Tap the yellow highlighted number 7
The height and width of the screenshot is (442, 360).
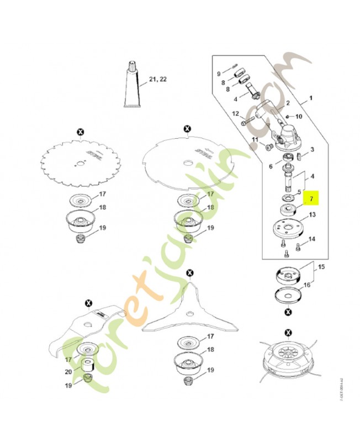pyautogui.click(x=312, y=198)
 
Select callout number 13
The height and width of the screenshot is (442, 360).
pyautogui.click(x=312, y=215)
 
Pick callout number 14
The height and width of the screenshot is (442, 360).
pyautogui.click(x=312, y=239)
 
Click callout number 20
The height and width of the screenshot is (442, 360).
pyautogui.click(x=68, y=372)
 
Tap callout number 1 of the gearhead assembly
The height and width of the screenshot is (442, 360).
pyautogui.click(x=310, y=98)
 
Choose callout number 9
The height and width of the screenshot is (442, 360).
pyautogui.click(x=219, y=73)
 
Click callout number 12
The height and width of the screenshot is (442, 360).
pyautogui.click(x=235, y=114)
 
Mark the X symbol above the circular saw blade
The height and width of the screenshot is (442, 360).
pyautogui.click(x=81, y=131)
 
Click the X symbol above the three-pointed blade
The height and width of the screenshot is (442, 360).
pyautogui.click(x=190, y=273)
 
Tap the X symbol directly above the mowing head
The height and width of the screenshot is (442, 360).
pyautogui.click(x=288, y=332)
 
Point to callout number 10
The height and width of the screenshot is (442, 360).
pyautogui.click(x=299, y=117)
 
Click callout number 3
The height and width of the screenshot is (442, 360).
pyautogui.click(x=312, y=149)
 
